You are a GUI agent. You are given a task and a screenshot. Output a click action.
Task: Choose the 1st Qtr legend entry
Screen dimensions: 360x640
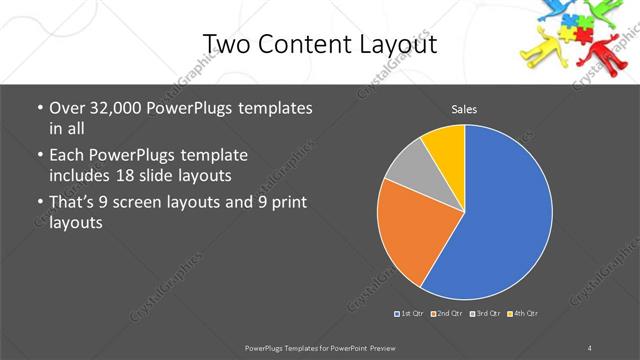point(410,314)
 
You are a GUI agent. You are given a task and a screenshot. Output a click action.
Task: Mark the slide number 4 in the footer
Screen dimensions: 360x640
point(591,347)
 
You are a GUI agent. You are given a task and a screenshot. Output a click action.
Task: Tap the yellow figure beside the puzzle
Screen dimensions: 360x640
point(545,47)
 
